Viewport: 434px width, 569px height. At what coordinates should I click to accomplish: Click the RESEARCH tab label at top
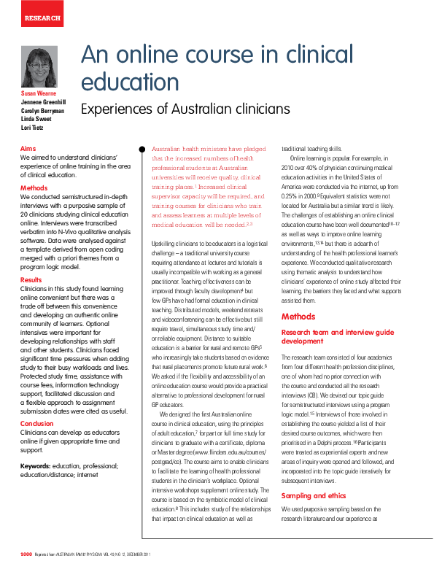click(x=42, y=17)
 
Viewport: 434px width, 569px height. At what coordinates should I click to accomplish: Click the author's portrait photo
click(x=40, y=67)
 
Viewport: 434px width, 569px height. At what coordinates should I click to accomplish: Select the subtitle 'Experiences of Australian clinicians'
click(x=185, y=109)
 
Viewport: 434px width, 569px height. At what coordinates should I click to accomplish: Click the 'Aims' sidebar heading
click(x=28, y=148)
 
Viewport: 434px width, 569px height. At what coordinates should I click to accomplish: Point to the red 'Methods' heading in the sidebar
click(x=34, y=188)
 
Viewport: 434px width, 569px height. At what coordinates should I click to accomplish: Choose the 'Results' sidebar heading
click(x=31, y=280)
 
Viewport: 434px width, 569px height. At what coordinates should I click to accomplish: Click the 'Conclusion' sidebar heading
click(x=36, y=424)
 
